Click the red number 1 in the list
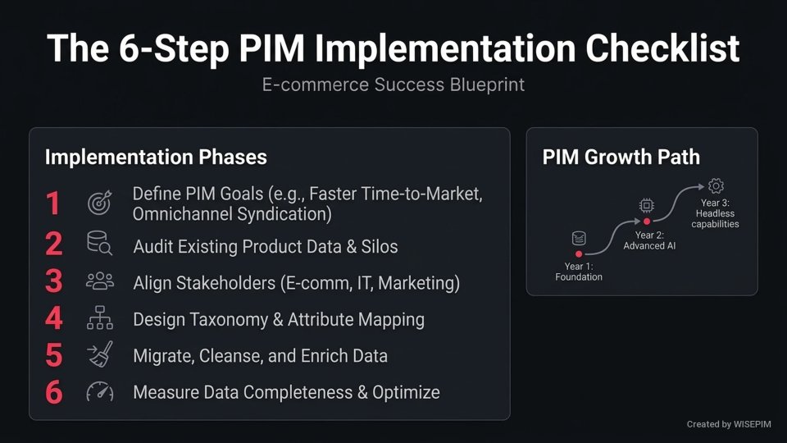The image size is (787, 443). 53,203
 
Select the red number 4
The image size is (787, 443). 53,319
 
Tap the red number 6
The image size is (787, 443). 53,392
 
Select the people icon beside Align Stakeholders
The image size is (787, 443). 100,281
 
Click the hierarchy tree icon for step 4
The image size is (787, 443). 100,319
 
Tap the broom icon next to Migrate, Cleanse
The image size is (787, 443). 100,355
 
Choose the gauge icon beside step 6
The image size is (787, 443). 100,392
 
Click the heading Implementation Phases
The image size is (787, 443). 156,158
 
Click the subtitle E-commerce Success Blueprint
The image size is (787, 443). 393,84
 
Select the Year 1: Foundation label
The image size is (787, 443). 579,271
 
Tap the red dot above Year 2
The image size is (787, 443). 647,221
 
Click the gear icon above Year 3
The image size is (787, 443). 716,186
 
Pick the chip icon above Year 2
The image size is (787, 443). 647,205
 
